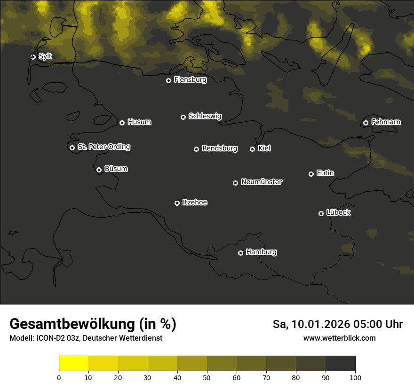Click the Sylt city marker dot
point(33,57)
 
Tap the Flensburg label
point(190,80)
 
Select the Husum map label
point(139,122)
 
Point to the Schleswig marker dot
point(183,117)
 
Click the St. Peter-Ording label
point(103,147)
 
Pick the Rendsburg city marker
point(196,149)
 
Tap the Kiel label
point(264,148)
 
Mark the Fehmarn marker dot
point(366,123)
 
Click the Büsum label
point(116,169)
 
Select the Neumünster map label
point(261,182)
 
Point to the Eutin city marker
point(311,174)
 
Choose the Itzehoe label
point(195,203)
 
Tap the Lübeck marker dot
point(321,213)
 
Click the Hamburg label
point(261,252)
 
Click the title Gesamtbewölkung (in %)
point(93,324)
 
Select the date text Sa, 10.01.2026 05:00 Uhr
point(337,324)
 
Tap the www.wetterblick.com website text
point(339,338)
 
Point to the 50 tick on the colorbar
point(207,377)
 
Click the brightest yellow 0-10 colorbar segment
point(73,364)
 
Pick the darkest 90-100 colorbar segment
point(340,364)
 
